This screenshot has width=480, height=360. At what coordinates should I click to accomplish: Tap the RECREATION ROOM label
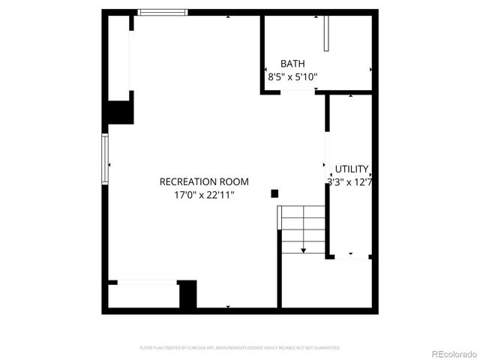point(204,181)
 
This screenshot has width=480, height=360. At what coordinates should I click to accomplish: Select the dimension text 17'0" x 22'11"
point(204,195)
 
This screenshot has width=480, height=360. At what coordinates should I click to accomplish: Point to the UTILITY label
point(351,169)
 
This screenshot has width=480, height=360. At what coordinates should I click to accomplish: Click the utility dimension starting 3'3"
point(349,181)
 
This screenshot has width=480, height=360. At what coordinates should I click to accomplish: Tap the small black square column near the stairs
point(274,193)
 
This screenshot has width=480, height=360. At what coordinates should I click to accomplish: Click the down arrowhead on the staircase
point(304,250)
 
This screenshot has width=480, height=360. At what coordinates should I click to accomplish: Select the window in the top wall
point(163,12)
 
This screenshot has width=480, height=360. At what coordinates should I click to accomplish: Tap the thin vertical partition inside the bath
point(326,32)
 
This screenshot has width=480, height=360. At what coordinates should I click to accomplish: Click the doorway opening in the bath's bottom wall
point(297,92)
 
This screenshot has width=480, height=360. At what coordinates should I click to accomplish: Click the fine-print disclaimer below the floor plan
point(240,348)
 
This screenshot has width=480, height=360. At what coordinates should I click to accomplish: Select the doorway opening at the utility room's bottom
point(349,257)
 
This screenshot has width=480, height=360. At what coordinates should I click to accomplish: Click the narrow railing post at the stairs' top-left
point(279,217)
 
